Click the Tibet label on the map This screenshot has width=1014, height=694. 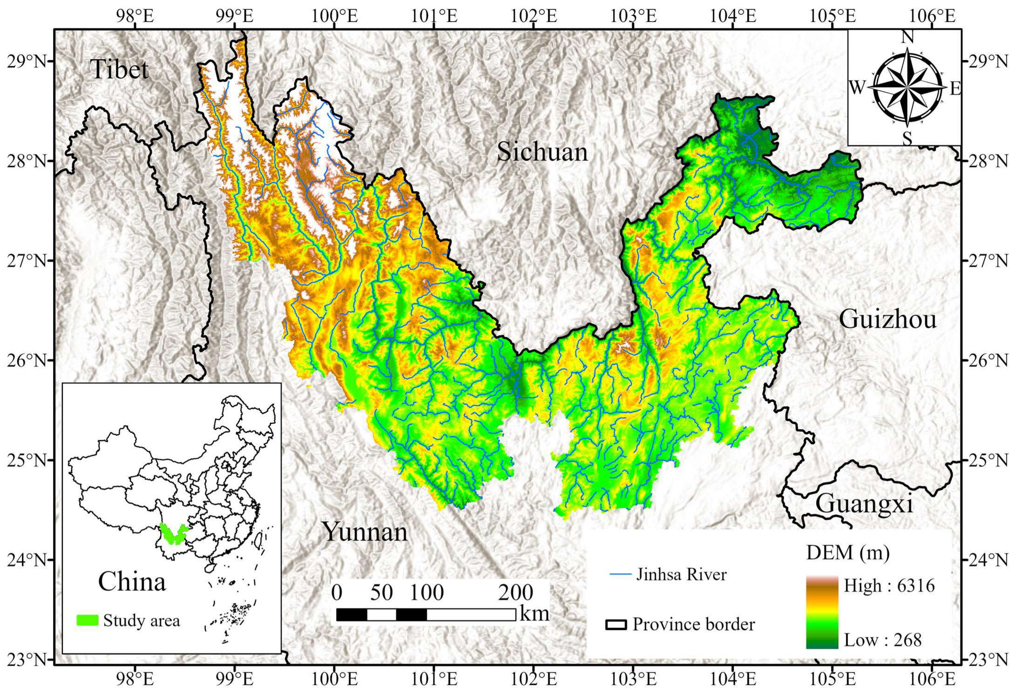(119, 70)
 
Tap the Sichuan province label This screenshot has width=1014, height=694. (542, 152)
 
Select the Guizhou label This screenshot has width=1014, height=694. (887, 320)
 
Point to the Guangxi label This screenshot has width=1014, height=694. (864, 504)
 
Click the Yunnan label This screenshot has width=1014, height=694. (365, 532)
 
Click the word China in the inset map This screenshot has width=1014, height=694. (132, 581)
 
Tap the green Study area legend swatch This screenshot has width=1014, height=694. (87, 620)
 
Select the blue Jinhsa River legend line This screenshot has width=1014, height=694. (620, 574)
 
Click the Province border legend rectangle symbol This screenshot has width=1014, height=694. (615, 625)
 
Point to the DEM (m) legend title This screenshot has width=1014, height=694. (848, 553)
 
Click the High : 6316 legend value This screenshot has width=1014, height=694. (889, 586)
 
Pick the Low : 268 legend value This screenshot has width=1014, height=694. (882, 640)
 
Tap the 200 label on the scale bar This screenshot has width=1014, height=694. (515, 593)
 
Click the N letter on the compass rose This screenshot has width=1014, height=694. (907, 37)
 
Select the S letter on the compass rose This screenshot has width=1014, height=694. (907, 138)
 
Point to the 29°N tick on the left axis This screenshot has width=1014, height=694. (27, 61)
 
